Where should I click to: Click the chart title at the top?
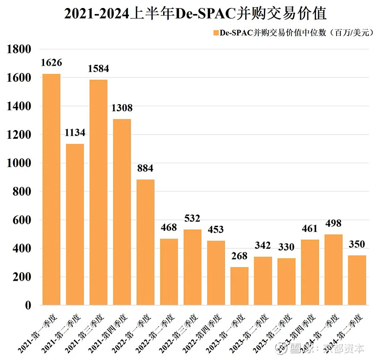point(187,14)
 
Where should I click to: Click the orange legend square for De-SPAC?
point(216,33)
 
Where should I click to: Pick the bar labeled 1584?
point(98,192)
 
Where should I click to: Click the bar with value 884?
point(145,242)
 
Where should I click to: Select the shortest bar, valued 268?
point(240,286)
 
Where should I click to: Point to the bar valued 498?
point(333,269)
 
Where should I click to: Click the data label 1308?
point(122,108)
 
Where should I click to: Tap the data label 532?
point(192,218)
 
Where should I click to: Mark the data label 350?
point(357,244)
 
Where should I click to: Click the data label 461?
point(310,229)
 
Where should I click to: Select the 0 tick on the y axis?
point(28,306)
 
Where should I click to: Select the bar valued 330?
point(286,282)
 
